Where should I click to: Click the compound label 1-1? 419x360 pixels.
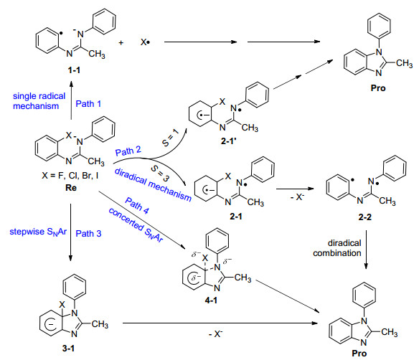74,70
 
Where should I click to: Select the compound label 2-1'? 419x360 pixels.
229,141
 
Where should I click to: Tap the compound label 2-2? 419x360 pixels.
364,217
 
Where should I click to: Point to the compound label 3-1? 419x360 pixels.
68,348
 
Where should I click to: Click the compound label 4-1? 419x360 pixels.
211,300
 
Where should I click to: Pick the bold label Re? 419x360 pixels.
71,187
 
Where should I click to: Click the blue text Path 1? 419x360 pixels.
88,103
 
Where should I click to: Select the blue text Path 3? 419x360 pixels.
88,233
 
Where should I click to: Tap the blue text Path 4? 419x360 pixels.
137,206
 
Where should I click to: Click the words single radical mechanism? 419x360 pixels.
39,101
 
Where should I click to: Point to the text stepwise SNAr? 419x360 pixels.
38,232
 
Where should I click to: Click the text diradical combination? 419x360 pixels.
337,248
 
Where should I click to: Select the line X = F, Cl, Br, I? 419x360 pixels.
70,176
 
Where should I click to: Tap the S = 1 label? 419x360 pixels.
170,138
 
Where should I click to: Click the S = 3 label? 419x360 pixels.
160,173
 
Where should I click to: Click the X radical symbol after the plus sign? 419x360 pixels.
145,42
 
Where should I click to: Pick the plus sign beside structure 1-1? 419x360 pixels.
121,42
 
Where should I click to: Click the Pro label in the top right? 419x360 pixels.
378,88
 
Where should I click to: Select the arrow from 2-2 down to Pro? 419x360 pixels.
366,250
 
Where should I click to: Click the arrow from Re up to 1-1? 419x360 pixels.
71,100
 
